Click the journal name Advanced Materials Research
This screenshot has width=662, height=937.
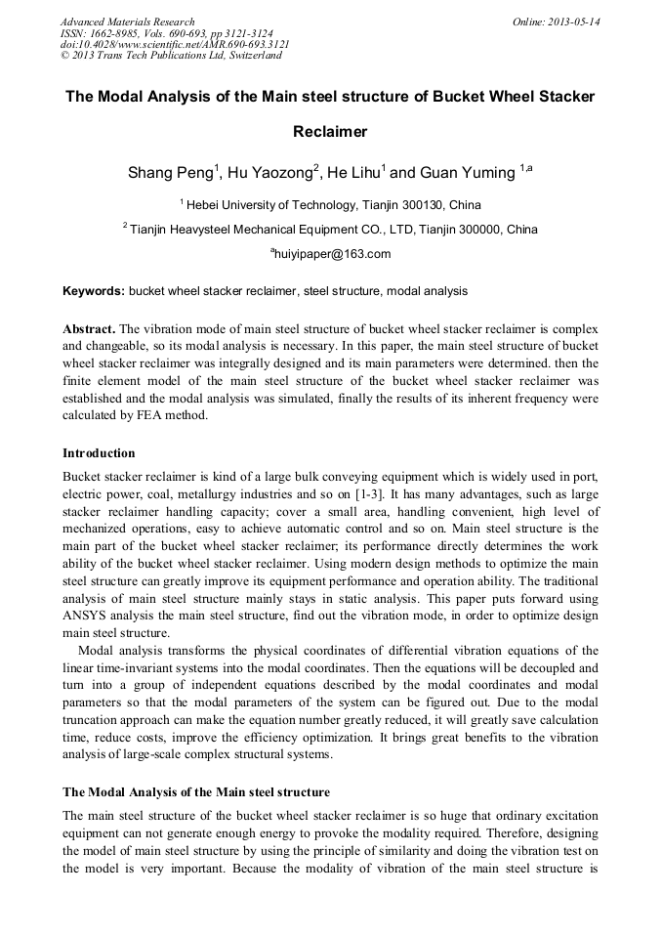[x=127, y=21]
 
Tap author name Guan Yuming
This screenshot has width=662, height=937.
[x=467, y=174]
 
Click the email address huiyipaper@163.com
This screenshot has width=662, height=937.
[x=332, y=254]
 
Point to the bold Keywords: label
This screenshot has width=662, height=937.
[x=94, y=291]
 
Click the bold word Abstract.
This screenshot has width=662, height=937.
[x=90, y=328]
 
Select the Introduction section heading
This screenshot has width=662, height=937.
[x=99, y=453]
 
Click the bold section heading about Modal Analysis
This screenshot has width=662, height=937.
[x=196, y=791]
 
